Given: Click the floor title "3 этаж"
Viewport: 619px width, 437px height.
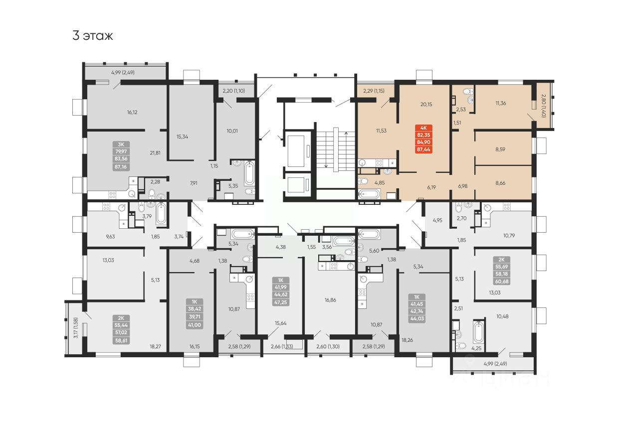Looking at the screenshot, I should (93, 36).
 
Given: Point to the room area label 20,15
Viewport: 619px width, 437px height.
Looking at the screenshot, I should (426, 104).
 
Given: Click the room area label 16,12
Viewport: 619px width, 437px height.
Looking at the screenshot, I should (132, 113).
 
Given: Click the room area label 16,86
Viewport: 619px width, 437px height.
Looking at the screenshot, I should (330, 300).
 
